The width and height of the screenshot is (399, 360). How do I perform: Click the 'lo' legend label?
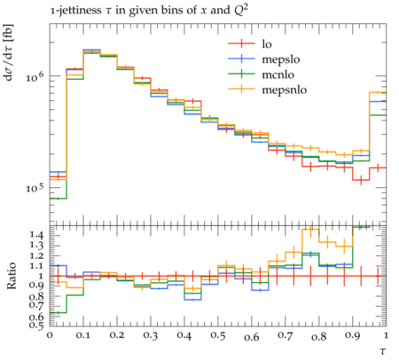[x=267, y=43]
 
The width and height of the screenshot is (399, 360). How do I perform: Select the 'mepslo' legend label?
[x=281, y=59]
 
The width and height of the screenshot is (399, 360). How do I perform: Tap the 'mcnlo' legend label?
[x=278, y=74]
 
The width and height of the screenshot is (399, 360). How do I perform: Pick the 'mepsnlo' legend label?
[x=285, y=90]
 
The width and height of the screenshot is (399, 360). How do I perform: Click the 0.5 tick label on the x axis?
[x=218, y=335]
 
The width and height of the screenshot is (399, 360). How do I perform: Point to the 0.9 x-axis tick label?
[x=353, y=335]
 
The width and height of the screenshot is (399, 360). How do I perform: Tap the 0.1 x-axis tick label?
[x=83, y=335]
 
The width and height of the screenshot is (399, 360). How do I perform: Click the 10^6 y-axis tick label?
[x=35, y=77]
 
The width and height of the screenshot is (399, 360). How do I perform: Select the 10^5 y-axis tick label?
[x=35, y=188]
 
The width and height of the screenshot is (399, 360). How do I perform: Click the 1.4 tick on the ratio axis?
[x=37, y=235]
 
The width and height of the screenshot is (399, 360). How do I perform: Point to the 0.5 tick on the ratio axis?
[x=37, y=325]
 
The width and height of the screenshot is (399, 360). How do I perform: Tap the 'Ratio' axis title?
[x=11, y=276]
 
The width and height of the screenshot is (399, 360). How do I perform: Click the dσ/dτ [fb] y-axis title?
[x=9, y=52]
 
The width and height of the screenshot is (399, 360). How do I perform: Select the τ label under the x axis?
[x=383, y=351]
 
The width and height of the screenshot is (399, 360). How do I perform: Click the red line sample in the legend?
[x=241, y=43]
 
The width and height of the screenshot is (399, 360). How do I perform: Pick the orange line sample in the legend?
[x=241, y=89]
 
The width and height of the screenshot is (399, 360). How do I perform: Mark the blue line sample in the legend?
[x=241, y=59]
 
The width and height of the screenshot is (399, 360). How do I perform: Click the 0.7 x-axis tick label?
[x=286, y=335]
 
